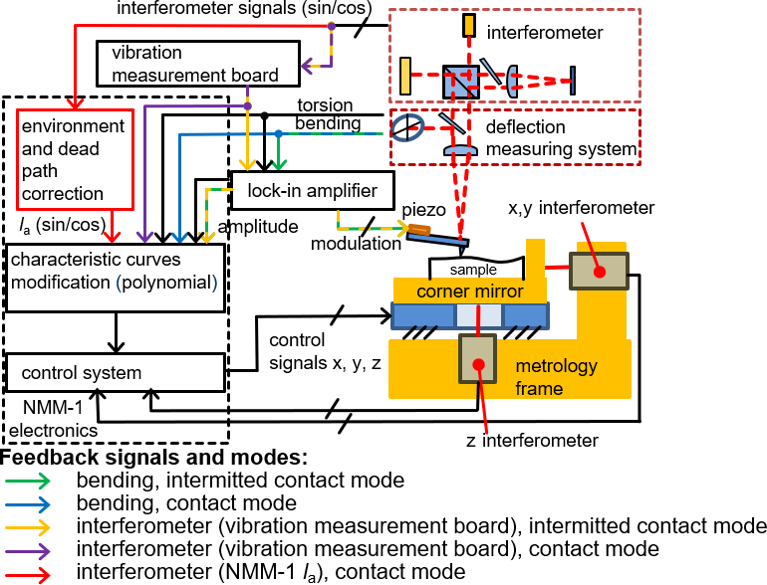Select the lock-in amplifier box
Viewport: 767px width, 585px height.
pyautogui.click(x=313, y=189)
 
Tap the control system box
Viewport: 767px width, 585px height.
pyautogui.click(x=114, y=373)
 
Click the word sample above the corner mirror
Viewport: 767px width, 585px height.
pyautogui.click(x=472, y=270)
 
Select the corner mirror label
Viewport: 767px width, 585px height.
pyautogui.click(x=471, y=291)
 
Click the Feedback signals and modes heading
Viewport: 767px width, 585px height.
pyautogui.click(x=154, y=459)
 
